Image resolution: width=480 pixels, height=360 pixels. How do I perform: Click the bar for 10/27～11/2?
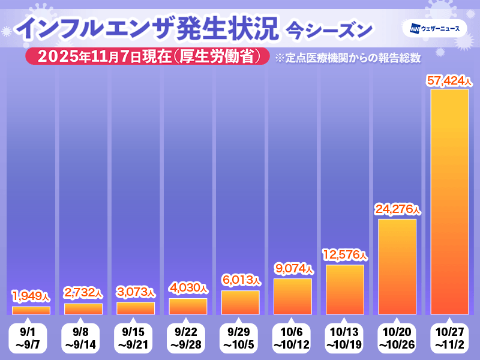(x=450, y=202)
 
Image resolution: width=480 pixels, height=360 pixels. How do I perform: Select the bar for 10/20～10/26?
(x=397, y=266)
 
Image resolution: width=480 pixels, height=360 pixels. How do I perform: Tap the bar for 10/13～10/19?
(x=345, y=289)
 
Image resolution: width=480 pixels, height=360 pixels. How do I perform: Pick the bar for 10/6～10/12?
(x=293, y=296)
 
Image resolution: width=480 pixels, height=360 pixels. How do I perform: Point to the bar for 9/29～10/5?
(x=240, y=302)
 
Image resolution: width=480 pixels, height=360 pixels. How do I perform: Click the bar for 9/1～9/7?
(x=31, y=310)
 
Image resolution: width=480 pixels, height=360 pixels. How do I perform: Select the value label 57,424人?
(x=450, y=80)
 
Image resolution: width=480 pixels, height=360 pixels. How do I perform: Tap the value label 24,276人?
(x=398, y=210)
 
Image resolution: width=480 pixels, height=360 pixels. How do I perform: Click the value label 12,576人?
(x=345, y=255)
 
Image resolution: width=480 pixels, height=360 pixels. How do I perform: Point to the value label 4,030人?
(x=188, y=288)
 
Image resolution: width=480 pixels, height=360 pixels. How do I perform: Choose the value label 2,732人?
(x=83, y=293)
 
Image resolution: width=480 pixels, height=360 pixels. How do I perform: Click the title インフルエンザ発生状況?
(x=147, y=28)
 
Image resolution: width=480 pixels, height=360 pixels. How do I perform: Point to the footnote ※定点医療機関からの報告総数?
(x=347, y=58)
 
